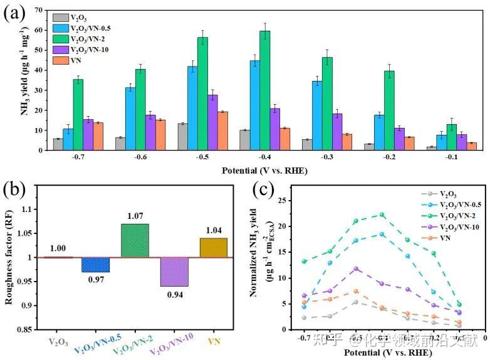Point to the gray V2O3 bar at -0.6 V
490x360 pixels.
(120, 144)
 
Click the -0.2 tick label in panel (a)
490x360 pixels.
(390, 159)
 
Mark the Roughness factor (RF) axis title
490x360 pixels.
(10, 257)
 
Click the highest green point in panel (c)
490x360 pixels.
(382, 215)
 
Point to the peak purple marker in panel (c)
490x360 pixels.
(356, 269)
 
